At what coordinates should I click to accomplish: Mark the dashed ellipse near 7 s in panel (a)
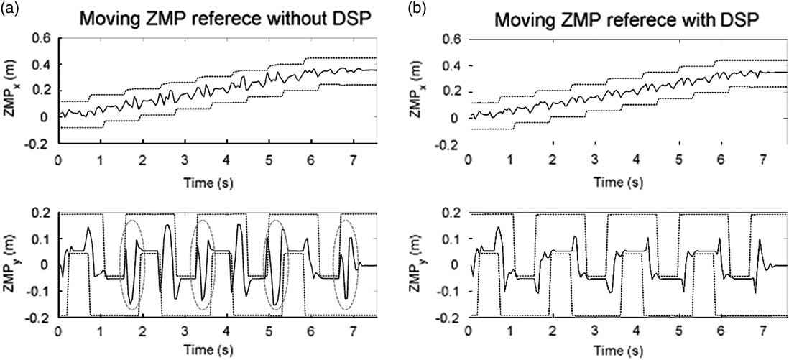point(349,264)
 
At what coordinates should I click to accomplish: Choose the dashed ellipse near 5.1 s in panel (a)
point(275,264)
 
